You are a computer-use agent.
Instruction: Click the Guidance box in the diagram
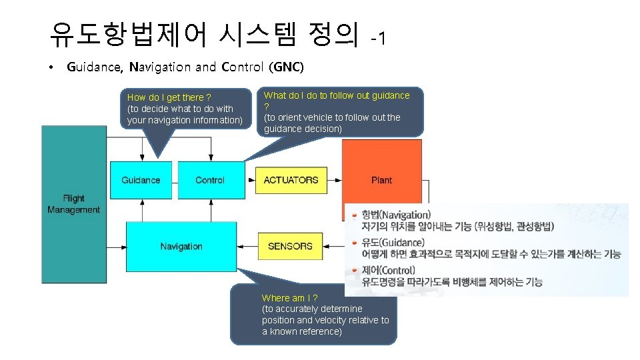141,180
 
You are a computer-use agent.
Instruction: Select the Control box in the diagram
210,180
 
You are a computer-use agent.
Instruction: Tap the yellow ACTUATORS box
291,180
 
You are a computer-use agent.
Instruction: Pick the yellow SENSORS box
290,246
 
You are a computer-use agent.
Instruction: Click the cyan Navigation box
181,247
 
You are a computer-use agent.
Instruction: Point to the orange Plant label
381,180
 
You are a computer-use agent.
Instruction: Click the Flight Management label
73,204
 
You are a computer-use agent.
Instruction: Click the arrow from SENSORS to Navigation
247,246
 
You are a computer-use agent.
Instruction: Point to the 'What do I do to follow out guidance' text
337,95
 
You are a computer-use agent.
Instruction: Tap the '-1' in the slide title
378,39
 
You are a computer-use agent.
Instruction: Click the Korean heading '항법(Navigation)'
396,215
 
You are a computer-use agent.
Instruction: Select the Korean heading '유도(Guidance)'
392,243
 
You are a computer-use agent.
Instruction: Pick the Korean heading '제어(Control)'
388,271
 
